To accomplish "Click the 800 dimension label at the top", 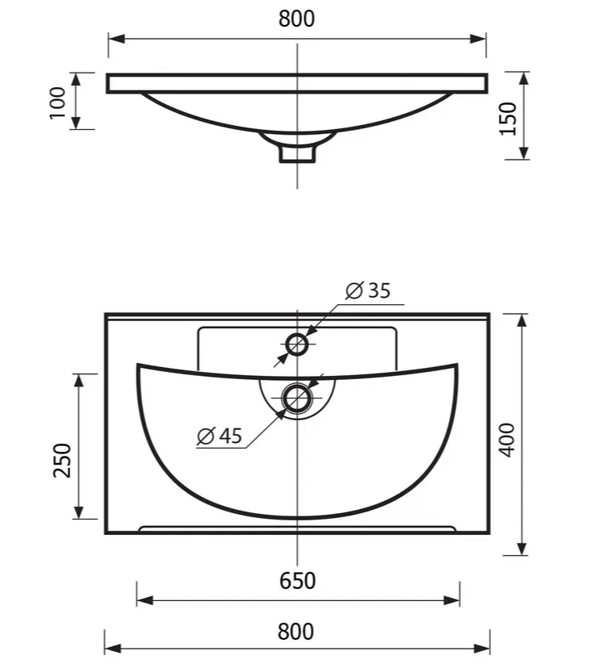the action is (x=296, y=19).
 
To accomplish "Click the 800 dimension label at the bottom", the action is (x=295, y=632).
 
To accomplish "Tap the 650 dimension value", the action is (x=297, y=581).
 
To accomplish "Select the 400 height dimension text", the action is (x=507, y=440).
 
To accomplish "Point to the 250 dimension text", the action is (x=62, y=460).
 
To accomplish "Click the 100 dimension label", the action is (x=57, y=103).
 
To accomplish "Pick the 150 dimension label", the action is (x=508, y=119).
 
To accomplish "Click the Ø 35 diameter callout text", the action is (x=367, y=290).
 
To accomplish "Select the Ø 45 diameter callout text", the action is (x=220, y=436).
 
